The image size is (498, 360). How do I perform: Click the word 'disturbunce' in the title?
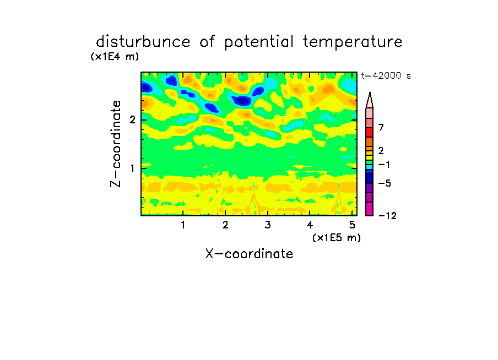point(143,41)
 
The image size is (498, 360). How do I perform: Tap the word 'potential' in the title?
point(259,42)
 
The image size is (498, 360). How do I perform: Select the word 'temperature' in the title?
point(353,42)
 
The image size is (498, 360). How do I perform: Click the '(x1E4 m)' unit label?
point(115,57)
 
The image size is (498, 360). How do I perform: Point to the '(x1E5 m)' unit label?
point(337,237)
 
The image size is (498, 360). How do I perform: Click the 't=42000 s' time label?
point(386,76)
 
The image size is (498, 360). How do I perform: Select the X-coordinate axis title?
point(249,254)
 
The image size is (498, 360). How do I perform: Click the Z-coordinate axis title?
point(116,144)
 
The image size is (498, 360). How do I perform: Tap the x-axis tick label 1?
point(183,225)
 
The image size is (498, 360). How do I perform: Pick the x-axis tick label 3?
point(268,225)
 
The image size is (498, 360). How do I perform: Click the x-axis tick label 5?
point(352,225)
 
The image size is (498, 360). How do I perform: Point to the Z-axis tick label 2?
point(132,119)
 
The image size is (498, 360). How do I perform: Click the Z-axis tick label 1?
point(132,168)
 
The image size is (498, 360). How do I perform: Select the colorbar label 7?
point(381,128)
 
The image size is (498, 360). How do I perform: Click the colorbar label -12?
point(387,216)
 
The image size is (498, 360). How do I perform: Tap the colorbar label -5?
point(385,183)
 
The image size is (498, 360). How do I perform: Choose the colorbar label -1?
point(384,165)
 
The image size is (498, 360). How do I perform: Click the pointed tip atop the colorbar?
point(370,92)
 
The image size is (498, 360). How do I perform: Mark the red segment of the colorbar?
point(370,132)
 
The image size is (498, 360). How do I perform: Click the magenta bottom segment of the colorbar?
point(370,209)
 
